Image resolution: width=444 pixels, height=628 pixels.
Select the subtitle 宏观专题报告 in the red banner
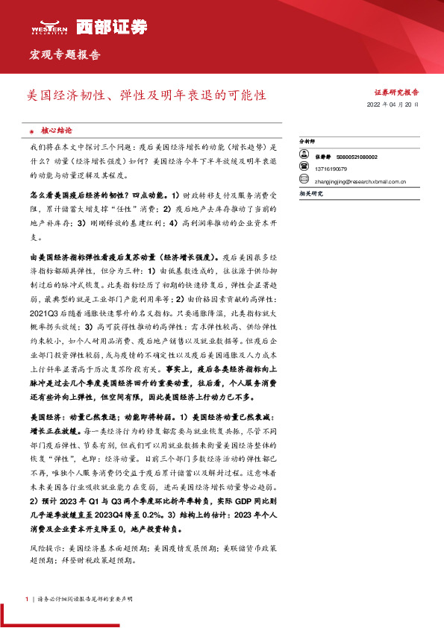click(64, 55)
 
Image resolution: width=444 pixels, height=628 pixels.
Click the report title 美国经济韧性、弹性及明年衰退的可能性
click(145, 96)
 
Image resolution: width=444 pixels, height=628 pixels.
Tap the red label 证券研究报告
click(395, 92)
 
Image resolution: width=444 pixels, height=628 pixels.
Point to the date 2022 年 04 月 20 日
click(393, 105)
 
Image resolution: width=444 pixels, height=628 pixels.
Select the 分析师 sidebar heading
click(307, 141)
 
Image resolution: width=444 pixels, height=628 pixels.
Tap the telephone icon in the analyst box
click(304, 169)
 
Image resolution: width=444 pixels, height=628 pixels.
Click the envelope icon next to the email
click(304, 180)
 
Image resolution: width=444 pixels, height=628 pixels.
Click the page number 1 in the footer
click(27, 598)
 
